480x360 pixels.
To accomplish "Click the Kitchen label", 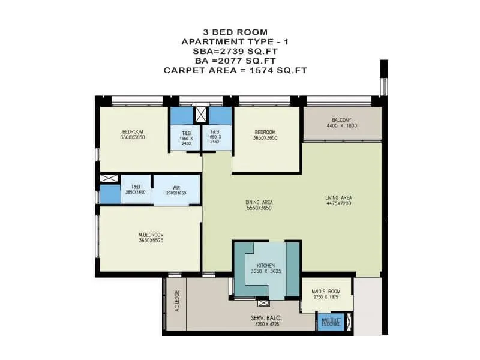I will pyautogui.click(x=265, y=265).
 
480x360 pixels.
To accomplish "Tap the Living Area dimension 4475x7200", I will pyautogui.click(x=338, y=203).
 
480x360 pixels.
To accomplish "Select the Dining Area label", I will pyautogui.click(x=259, y=202).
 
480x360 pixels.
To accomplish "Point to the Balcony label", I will pyautogui.click(x=341, y=120).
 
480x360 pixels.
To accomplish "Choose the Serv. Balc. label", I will pyautogui.click(x=267, y=317).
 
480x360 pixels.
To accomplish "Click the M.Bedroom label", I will pyautogui.click(x=151, y=235).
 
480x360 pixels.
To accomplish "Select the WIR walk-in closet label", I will pyautogui.click(x=175, y=187).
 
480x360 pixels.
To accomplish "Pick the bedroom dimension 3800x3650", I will pyautogui.click(x=133, y=137).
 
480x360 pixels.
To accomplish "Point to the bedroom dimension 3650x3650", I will pyautogui.click(x=265, y=137).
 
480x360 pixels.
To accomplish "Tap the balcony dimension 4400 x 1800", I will pyautogui.click(x=341, y=125).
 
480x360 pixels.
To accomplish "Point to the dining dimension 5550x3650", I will pyautogui.click(x=259, y=208).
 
